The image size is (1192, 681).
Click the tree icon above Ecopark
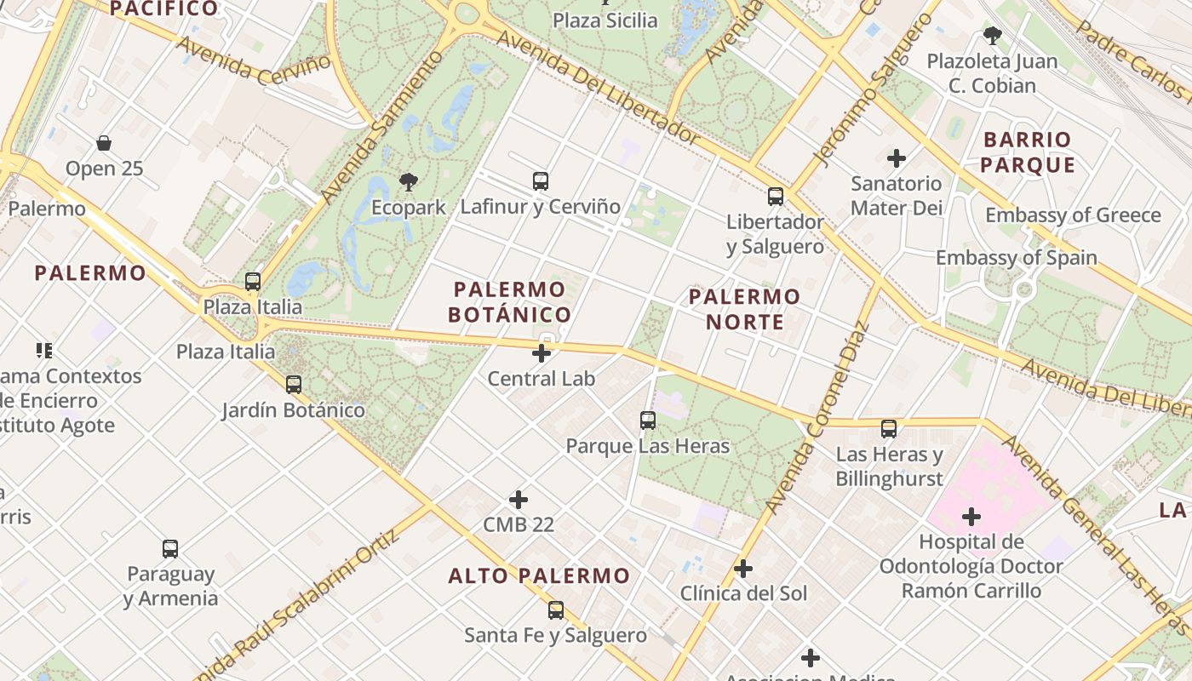[409, 181]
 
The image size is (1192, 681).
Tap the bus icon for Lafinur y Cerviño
[541, 181]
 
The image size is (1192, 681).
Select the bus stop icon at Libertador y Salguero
[776, 197]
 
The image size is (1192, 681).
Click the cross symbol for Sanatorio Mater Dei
[897, 158]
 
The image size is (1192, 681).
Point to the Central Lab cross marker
[542, 353]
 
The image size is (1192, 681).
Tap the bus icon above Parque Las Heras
[648, 421]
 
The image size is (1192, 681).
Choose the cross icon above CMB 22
[519, 500]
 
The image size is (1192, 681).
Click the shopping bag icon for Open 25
[104, 143]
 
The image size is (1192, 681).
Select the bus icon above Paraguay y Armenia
[170, 549]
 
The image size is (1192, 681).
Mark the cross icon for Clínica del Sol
[743, 569]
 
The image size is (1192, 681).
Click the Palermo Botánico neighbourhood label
[510, 301]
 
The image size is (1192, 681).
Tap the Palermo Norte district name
[744, 309]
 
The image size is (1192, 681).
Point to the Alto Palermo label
[539, 575]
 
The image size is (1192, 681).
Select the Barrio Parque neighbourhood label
[1027, 152]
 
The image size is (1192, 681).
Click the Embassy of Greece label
[1073, 215]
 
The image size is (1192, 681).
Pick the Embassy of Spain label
[1016, 257]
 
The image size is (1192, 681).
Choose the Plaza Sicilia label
[605, 20]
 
